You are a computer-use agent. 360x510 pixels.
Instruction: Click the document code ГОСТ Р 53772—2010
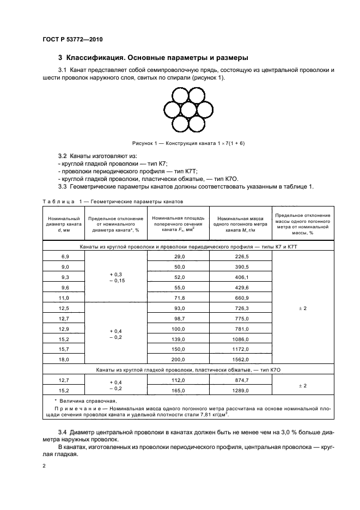tap(72, 40)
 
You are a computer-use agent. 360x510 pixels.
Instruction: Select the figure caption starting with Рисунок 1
tap(188, 143)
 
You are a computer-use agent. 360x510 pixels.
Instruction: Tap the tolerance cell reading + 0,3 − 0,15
tap(115, 277)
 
